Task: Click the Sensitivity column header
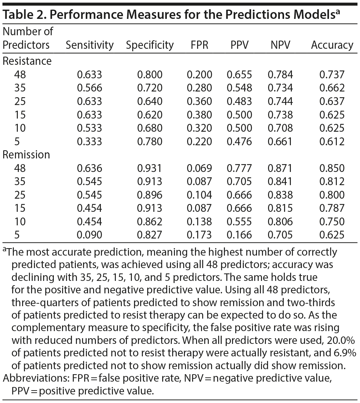tap(89, 45)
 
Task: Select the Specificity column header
tap(150, 45)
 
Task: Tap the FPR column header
tap(199, 45)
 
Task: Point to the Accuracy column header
tap(332, 45)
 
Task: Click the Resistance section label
tap(27, 61)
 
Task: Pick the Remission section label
tap(26, 155)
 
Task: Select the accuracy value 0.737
tap(332, 74)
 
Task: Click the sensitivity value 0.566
tap(89, 88)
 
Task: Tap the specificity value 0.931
tap(150, 168)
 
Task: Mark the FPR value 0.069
tap(199, 168)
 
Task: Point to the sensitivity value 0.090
tap(89, 235)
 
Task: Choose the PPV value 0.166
tap(239, 235)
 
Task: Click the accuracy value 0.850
tap(332, 168)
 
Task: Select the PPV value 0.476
tap(239, 141)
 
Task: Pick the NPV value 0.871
tap(280, 168)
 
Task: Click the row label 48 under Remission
tap(20, 168)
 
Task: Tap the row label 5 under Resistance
tap(17, 141)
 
